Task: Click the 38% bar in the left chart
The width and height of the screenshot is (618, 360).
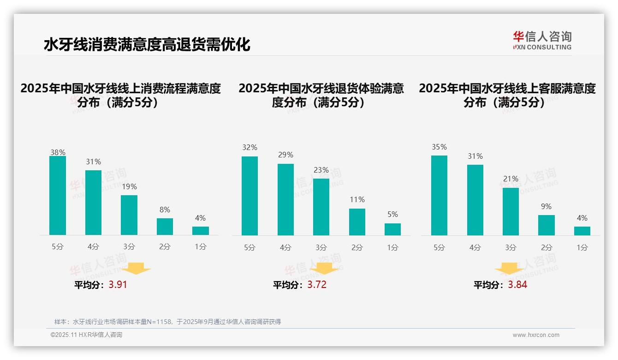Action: click(58, 196)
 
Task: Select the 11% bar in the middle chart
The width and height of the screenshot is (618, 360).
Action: click(357, 222)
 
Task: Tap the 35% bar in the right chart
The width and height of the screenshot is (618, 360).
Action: click(439, 196)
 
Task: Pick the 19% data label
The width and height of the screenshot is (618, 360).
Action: click(129, 187)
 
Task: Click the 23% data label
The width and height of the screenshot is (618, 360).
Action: click(321, 170)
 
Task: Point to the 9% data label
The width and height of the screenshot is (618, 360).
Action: click(546, 207)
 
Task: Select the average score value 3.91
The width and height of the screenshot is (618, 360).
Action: click(118, 285)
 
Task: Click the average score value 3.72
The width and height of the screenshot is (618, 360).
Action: click(317, 285)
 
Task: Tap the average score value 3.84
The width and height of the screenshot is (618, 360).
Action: click(517, 285)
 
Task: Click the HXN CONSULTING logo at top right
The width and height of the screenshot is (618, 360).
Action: click(542, 41)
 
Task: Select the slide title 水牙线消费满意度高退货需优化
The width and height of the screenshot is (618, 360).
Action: click(147, 45)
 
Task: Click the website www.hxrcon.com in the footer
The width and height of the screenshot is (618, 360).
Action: click(536, 335)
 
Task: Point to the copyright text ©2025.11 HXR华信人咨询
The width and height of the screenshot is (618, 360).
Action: click(86, 335)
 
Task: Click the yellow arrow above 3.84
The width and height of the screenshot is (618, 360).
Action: click(509, 269)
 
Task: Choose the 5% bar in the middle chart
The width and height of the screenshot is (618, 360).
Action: click(392, 229)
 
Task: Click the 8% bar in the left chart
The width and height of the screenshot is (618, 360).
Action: click(165, 227)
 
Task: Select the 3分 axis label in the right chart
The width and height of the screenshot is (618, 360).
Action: click(511, 248)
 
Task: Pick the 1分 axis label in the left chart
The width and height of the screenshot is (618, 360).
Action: click(201, 247)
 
